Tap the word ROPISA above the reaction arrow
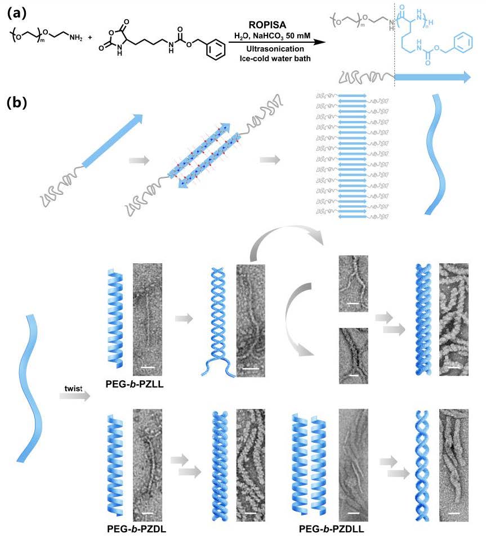pos(271,26)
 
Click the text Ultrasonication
pos(271,48)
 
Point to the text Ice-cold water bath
pos(271,58)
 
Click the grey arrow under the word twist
pos(74,397)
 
